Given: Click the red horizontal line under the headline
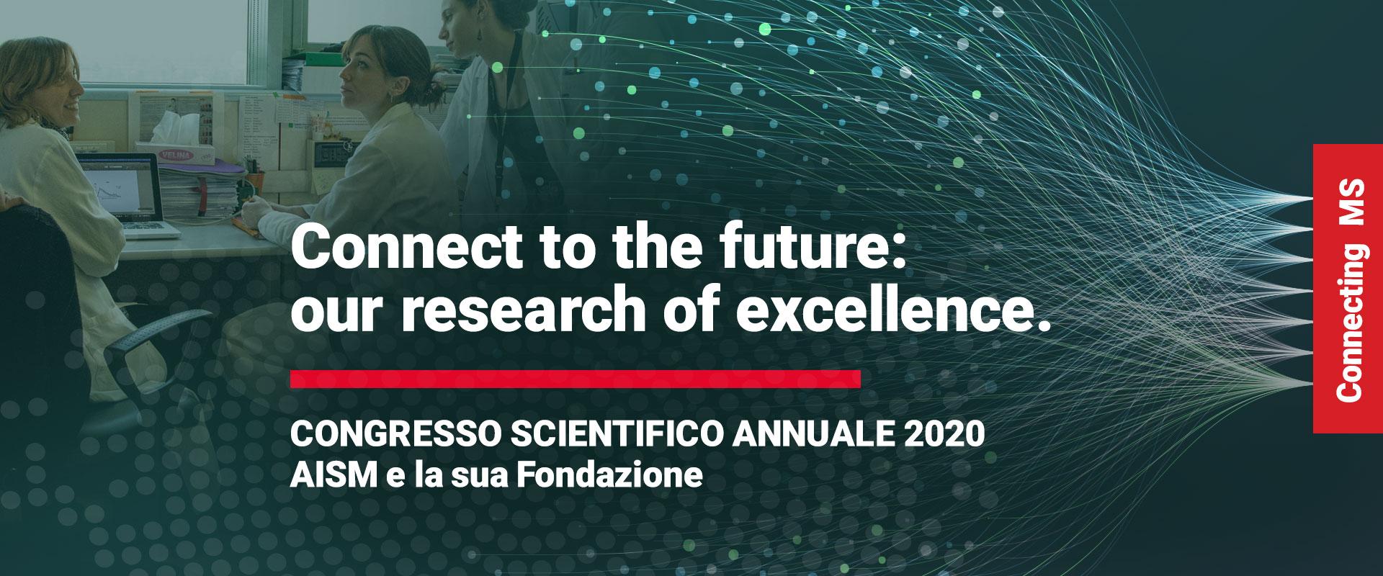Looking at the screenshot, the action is (x=576, y=379).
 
